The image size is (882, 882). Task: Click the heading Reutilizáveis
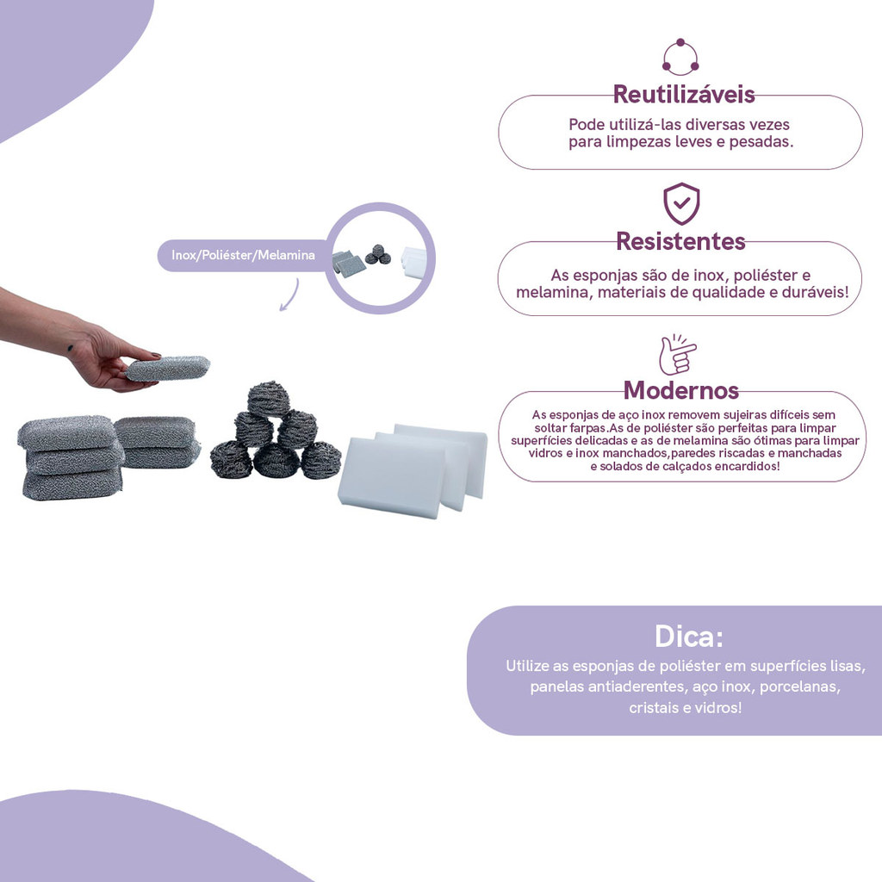click(683, 94)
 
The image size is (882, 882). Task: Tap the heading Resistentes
click(680, 241)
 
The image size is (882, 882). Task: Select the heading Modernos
click(680, 390)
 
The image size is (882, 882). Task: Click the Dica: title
click(688, 637)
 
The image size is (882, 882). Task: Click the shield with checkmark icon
click(681, 203)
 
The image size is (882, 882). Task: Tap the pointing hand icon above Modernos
click(677, 354)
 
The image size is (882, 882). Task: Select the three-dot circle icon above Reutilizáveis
click(680, 57)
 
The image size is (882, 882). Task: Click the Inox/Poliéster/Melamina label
click(243, 255)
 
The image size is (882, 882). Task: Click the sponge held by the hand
click(167, 368)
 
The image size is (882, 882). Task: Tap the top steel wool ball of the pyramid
click(269, 398)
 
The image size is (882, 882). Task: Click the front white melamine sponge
click(392, 476)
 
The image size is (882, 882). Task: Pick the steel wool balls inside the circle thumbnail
click(378, 254)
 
